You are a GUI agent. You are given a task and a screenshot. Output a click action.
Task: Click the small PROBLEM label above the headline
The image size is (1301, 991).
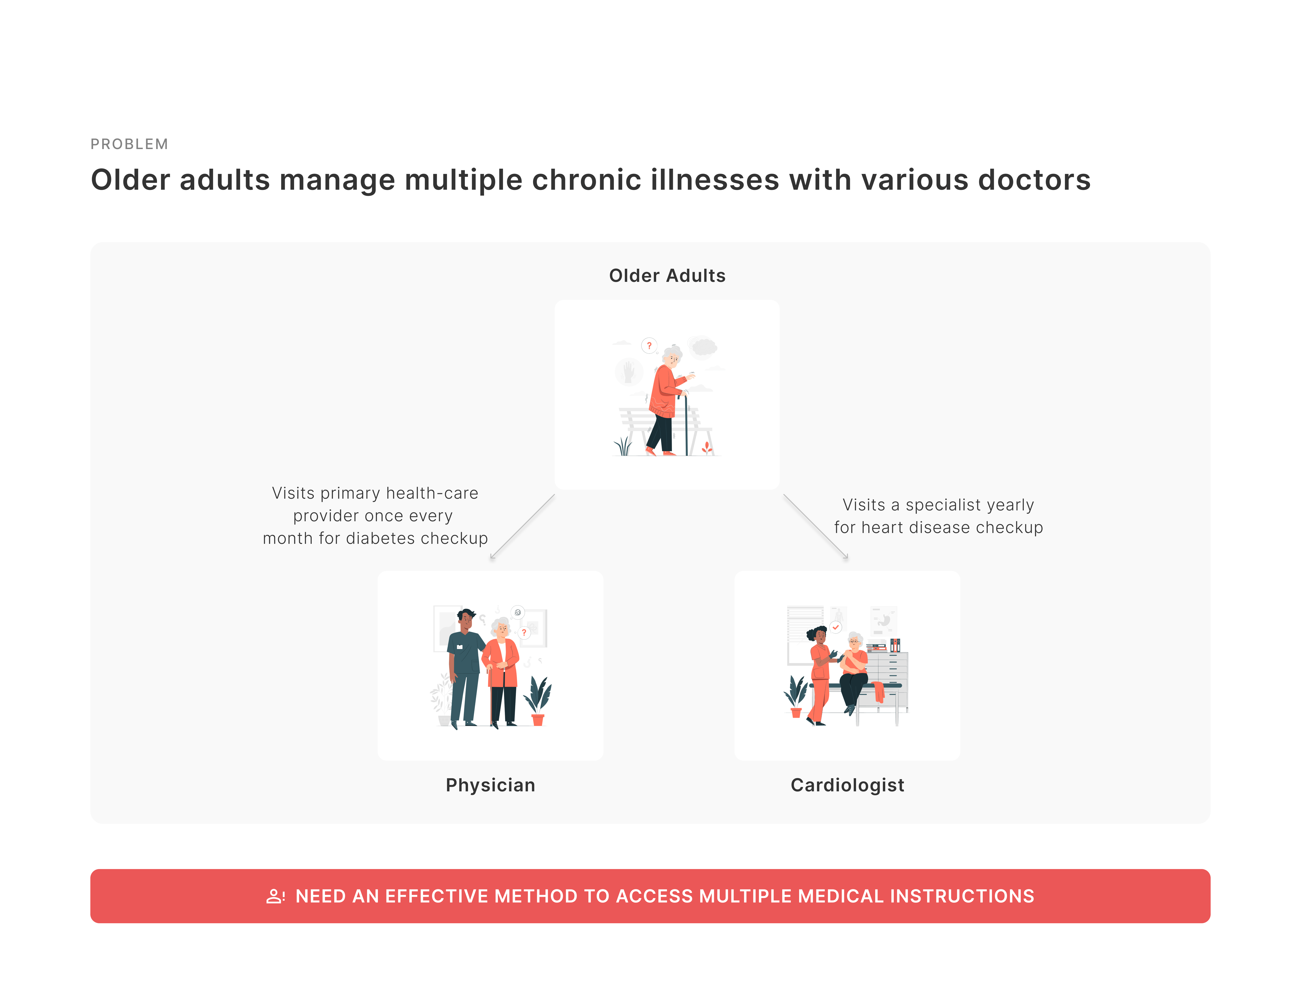129,144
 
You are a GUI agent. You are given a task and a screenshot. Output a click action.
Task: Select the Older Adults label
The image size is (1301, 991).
667,276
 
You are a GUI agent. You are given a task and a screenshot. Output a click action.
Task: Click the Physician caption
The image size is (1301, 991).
490,785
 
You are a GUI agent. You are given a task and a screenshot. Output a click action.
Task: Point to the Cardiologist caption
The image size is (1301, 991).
847,785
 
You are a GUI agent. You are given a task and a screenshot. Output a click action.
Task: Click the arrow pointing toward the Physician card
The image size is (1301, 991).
522,527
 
